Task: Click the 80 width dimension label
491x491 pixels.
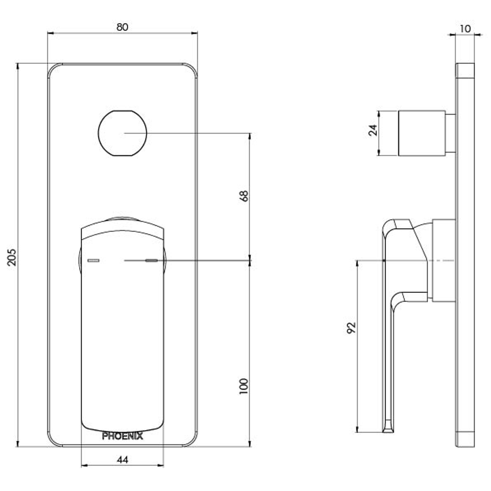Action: tap(122, 27)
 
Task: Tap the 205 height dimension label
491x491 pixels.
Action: tap(12, 257)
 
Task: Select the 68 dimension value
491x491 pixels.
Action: tap(244, 196)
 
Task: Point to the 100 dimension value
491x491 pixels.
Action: tap(244, 386)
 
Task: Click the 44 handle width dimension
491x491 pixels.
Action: tap(122, 460)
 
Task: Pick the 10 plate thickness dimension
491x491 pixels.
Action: tap(466, 29)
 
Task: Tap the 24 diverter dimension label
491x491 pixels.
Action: tap(373, 130)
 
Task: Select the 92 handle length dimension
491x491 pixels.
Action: tap(351, 328)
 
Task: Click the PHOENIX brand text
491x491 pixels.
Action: tap(122, 436)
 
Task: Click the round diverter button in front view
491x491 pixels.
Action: tap(122, 133)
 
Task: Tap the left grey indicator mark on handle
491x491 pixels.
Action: tap(93, 261)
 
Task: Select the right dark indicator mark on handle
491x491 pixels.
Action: tap(151, 261)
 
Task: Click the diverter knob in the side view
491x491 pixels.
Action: tap(422, 133)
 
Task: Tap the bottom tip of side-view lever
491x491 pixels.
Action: tap(388, 432)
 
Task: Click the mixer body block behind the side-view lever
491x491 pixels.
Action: tap(444, 261)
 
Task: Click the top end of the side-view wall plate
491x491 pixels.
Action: tap(465, 64)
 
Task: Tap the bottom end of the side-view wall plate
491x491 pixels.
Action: tap(465, 446)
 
